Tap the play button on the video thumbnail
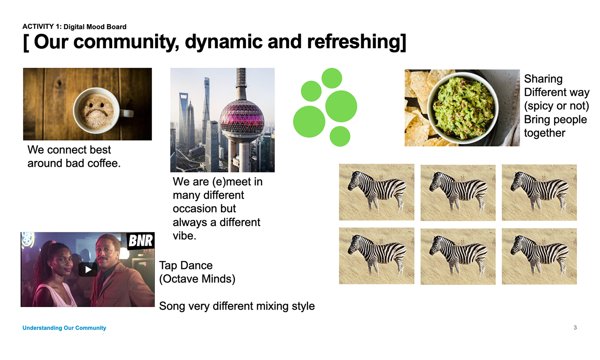coord(88,269)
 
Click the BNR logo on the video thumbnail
coord(141,241)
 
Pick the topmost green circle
coord(332,78)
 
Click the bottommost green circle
coord(340,136)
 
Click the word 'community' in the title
coord(127,43)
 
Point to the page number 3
coord(575,327)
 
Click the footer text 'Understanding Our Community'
coord(64,328)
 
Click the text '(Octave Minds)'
coord(197,279)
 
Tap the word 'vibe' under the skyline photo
coord(183,236)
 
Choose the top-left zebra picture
coord(376,192)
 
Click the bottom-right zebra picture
coord(539,256)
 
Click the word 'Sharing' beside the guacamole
coord(543,79)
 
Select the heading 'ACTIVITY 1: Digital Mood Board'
coord(75,27)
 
